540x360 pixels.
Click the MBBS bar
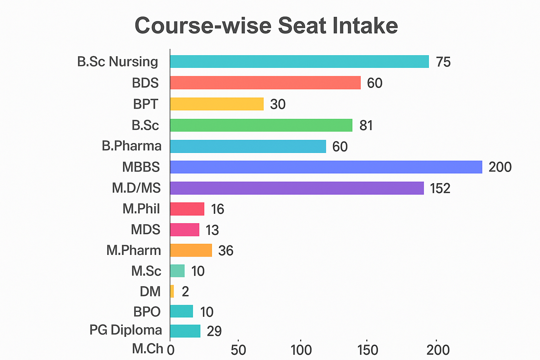coord(326,167)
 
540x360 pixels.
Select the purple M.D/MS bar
coord(297,188)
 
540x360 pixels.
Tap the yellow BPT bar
coord(217,104)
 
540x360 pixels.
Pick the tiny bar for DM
coord(172,291)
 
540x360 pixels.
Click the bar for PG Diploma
coord(185,331)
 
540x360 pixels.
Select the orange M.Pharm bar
coord(191,250)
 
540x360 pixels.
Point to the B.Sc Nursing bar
coord(299,62)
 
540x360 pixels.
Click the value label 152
coord(440,188)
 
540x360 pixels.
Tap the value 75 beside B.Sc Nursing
coord(443,62)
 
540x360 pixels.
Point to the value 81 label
coord(366,126)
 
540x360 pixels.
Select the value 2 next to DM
coord(185,292)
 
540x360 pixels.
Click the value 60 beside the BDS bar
coord(374,83)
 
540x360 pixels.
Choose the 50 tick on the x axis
coord(238,350)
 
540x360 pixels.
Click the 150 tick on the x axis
coord(368,350)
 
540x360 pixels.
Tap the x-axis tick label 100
coord(301,350)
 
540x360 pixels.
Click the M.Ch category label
coord(148,349)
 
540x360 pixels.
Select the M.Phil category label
coord(141,209)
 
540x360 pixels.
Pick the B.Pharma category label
coord(132,146)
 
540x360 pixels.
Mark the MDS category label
coord(146,230)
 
